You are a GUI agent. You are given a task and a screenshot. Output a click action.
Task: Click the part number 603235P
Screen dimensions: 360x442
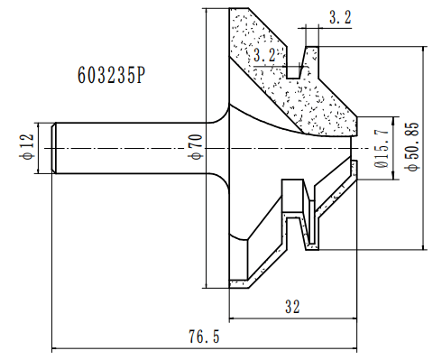coord(106,77)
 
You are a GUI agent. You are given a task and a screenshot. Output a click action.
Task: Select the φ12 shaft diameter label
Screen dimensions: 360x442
coord(26,145)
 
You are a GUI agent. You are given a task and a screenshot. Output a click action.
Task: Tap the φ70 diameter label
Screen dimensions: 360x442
coord(193,145)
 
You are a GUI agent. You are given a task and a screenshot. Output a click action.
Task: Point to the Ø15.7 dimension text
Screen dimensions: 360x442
coord(382,144)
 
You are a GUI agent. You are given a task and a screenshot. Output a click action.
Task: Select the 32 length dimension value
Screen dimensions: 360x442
coord(291,308)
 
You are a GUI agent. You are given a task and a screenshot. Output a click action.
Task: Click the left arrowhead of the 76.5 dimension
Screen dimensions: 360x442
coord(57,347)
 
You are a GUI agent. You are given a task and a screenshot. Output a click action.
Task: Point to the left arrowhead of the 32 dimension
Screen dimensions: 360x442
coord(234,318)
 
